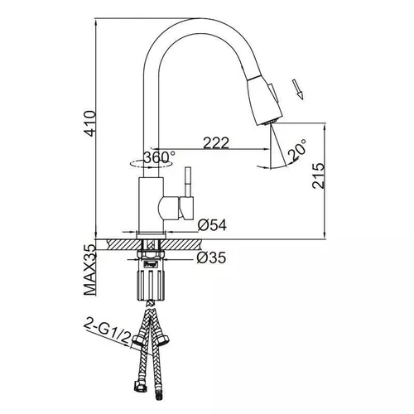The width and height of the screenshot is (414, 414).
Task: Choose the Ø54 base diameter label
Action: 214,224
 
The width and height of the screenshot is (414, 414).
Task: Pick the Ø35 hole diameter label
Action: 213,258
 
